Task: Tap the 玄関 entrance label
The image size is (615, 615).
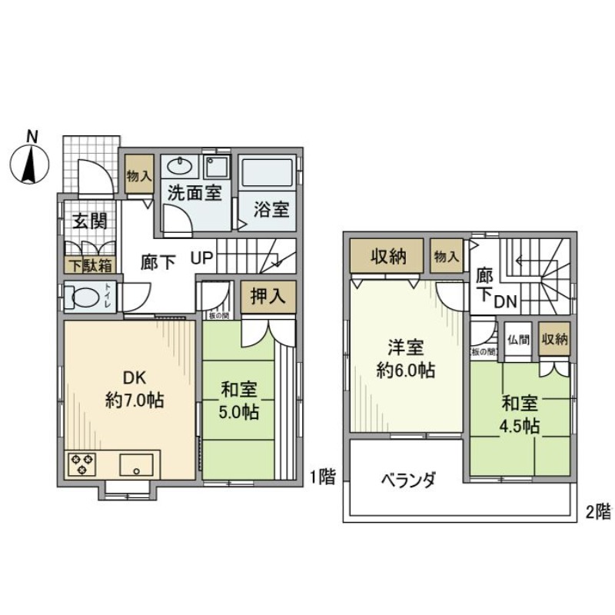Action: (89, 221)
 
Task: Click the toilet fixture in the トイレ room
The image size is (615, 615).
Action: (81, 298)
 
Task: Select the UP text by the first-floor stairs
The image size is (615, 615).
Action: (202, 261)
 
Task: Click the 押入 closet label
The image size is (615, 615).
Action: (268, 297)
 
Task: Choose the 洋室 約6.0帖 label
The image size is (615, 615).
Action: (406, 358)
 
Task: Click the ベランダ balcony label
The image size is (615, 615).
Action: (407, 480)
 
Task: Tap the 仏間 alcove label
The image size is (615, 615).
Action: (516, 338)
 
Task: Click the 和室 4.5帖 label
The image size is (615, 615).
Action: (520, 414)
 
